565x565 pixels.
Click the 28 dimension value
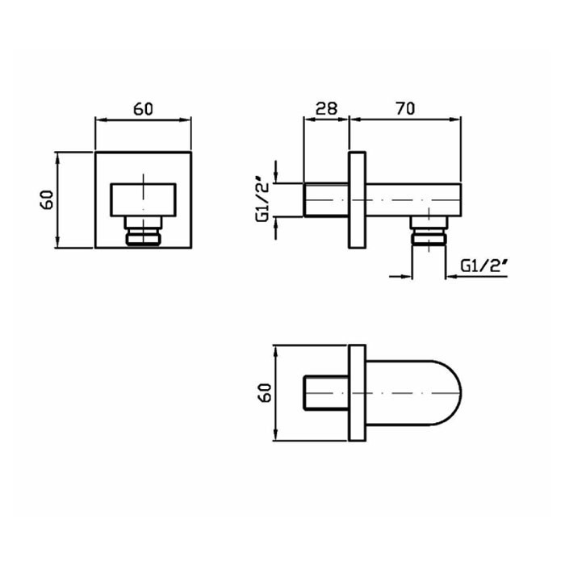point(326,108)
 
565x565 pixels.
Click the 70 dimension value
point(405,108)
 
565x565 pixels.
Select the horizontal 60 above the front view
point(143,109)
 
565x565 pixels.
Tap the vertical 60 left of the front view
point(47,199)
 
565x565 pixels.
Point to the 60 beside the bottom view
point(265,392)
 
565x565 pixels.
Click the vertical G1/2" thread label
point(262,199)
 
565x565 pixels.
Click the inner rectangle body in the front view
point(143,200)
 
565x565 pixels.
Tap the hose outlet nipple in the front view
point(143,232)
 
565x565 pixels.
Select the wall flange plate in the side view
point(357,200)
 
